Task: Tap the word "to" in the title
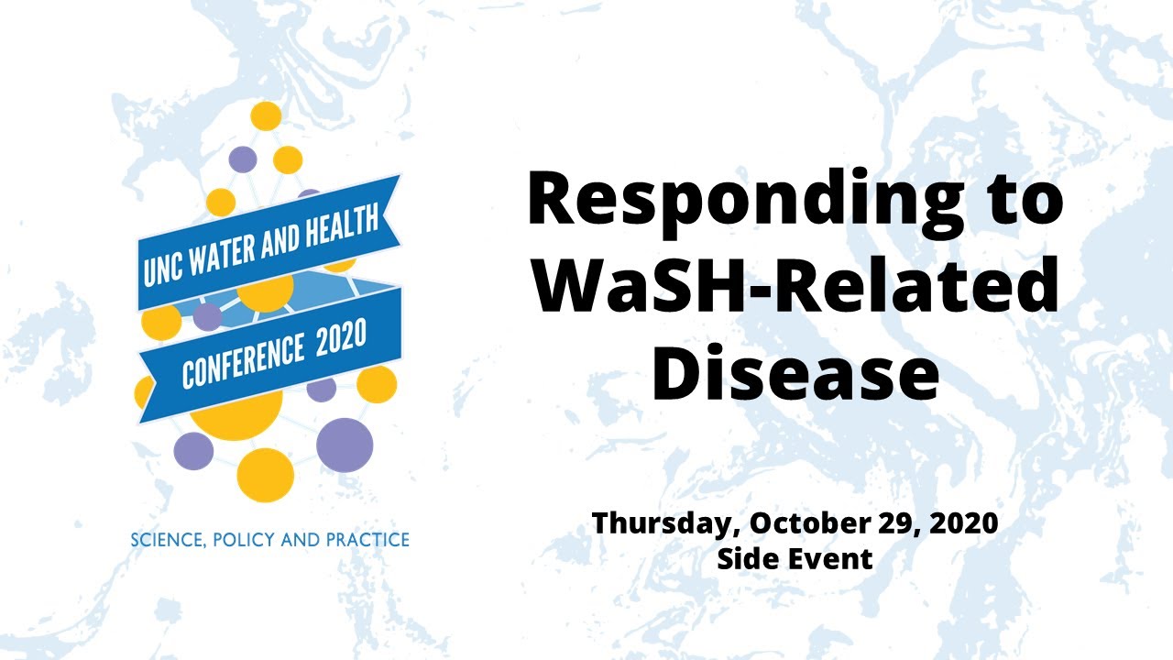[1020, 202]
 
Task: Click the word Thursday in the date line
[666, 523]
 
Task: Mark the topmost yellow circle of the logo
[266, 116]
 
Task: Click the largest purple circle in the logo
[345, 445]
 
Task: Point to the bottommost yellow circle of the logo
[266, 475]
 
